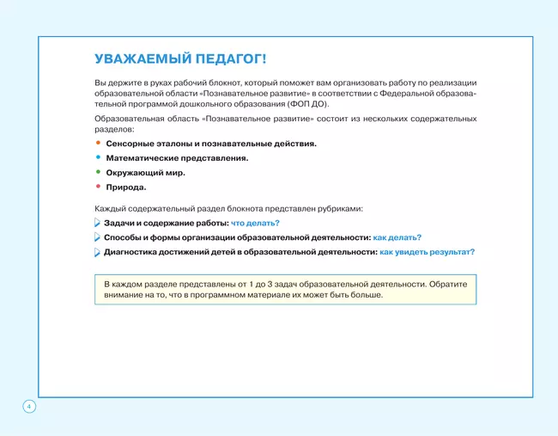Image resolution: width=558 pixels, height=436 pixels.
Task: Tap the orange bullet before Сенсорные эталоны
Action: tap(98, 143)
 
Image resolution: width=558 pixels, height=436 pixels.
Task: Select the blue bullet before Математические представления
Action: tap(98, 157)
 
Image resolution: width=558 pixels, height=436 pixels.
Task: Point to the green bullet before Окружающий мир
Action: tap(98, 172)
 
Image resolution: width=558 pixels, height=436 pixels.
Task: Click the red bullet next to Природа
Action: tap(98, 187)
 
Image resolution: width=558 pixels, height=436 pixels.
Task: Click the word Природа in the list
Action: tap(126, 187)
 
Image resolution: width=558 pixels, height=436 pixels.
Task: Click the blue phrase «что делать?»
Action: tap(256, 224)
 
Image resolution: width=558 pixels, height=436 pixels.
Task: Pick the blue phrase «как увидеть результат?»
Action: tap(427, 253)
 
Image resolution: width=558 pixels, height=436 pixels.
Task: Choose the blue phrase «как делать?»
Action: tap(397, 238)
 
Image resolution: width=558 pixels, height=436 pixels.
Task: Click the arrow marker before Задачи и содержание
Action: tap(97, 224)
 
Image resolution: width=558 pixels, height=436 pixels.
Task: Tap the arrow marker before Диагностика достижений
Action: tap(97, 253)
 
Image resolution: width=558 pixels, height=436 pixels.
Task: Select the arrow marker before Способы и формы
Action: tap(97, 238)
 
